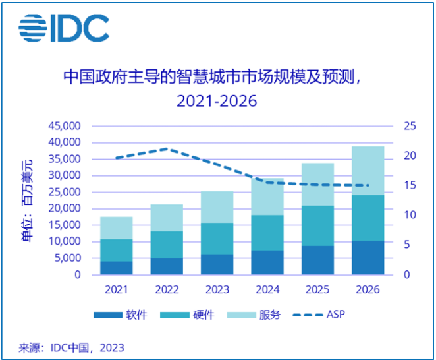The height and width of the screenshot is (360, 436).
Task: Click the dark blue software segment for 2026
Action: click(x=368, y=258)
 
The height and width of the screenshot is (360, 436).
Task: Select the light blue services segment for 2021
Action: click(x=117, y=228)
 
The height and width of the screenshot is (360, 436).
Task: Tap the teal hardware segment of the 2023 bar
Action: click(x=217, y=239)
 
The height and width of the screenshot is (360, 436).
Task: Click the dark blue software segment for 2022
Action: click(x=167, y=266)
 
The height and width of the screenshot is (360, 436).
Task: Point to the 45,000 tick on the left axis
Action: click(x=65, y=126)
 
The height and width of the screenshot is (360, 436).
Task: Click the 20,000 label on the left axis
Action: click(x=65, y=208)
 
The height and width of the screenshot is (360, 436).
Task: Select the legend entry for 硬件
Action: click(x=191, y=315)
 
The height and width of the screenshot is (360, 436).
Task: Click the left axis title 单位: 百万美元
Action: click(x=27, y=200)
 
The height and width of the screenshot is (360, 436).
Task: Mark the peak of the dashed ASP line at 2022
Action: click(x=167, y=149)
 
